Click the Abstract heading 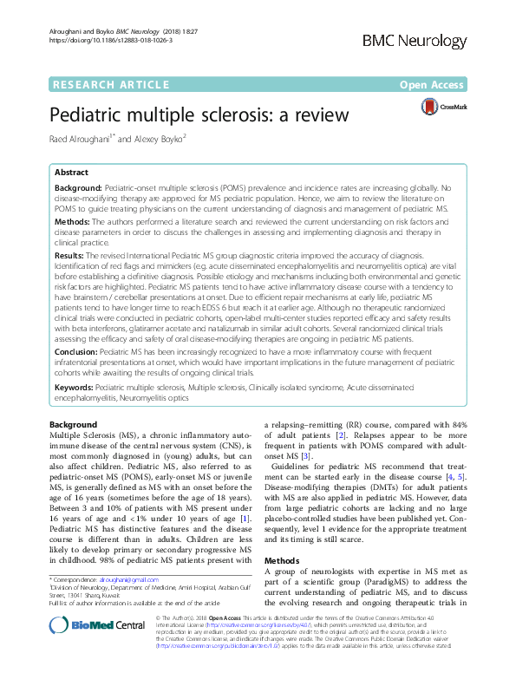point(72,173)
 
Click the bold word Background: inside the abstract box point(79,187)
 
